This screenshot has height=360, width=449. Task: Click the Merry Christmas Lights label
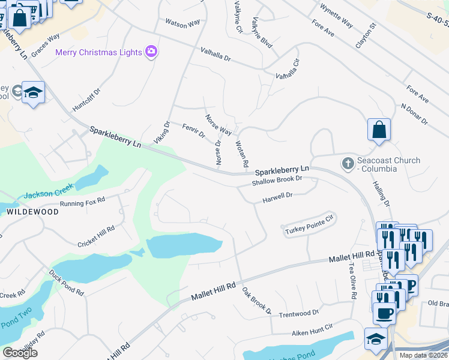98,52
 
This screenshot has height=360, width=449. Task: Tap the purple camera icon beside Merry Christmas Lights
151,52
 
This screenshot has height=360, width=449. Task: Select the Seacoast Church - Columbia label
389,164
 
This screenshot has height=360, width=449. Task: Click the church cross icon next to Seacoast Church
348,163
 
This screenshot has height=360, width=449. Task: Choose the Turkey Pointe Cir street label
308,224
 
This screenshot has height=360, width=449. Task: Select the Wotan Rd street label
242,154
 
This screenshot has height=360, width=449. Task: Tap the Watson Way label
182,23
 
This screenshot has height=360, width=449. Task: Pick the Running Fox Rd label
83,202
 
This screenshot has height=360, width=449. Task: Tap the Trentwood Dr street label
298,313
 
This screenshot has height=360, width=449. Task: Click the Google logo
20,353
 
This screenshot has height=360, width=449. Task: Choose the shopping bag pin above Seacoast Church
379,130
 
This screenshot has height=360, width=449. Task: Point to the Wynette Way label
336,16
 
